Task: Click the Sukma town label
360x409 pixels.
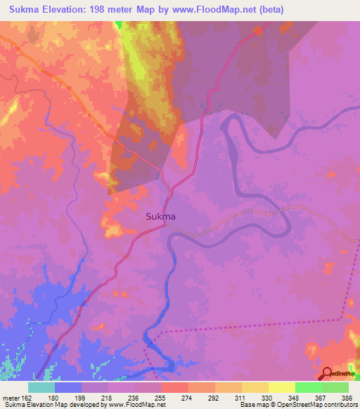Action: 160,217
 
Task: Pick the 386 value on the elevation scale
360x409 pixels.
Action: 348,398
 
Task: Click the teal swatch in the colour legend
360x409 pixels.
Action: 41,387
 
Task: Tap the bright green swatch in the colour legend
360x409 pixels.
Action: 308,387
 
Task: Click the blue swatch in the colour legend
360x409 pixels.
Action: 67,387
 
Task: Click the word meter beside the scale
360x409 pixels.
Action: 10,398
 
